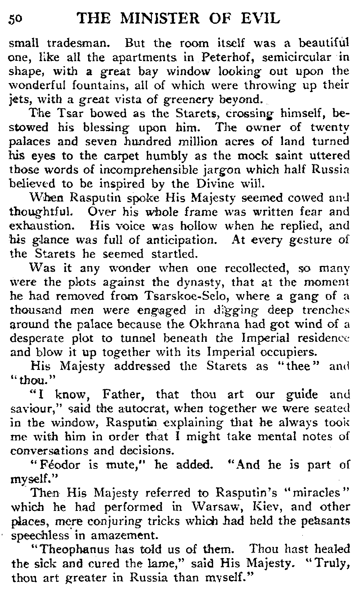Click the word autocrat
click(137, 408)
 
